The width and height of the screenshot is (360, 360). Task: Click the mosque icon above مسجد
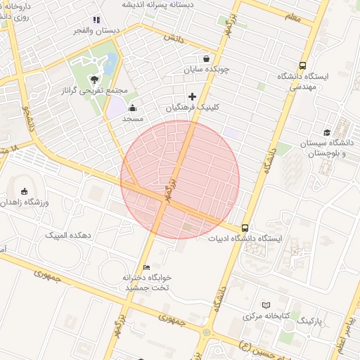pyautogui.click(x=132, y=108)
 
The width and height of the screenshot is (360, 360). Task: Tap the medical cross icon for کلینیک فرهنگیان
pyautogui.click(x=193, y=96)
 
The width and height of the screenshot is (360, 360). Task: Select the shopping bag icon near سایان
pyautogui.click(x=206, y=59)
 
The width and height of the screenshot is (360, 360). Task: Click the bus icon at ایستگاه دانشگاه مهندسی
pyautogui.click(x=302, y=65)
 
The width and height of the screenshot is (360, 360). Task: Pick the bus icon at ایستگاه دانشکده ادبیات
pyautogui.click(x=245, y=227)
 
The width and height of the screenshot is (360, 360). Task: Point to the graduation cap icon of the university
pyautogui.click(x=327, y=132)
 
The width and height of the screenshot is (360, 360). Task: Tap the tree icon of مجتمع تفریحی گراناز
pyautogui.click(x=95, y=79)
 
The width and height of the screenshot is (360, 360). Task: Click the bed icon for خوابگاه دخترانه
pyautogui.click(x=146, y=267)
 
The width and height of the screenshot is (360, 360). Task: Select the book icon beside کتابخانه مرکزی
pyautogui.click(x=265, y=304)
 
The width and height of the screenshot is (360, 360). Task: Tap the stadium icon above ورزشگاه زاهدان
pyautogui.click(x=25, y=191)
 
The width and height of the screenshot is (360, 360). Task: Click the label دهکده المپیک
pyautogui.click(x=71, y=235)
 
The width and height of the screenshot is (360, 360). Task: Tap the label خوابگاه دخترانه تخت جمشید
pyautogui.click(x=148, y=283)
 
